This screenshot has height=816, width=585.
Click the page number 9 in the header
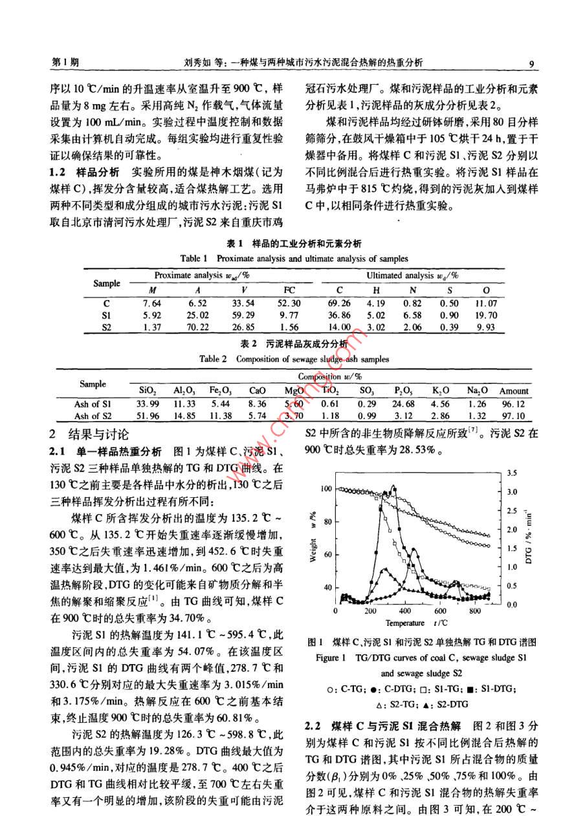point(531,64)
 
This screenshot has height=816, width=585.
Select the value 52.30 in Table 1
point(292,303)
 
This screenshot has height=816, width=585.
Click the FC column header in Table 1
point(289,290)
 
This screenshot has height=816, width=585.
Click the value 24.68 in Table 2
point(403,403)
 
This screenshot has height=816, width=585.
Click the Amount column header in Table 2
point(514,391)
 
